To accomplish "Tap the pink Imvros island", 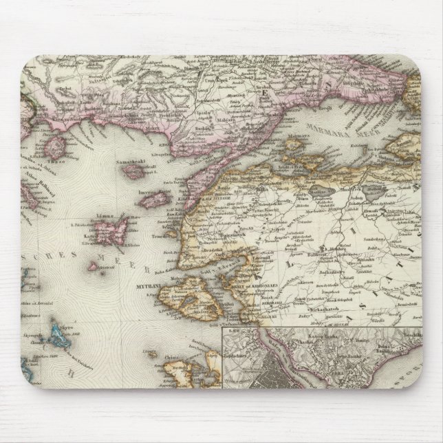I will pos(155,200).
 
